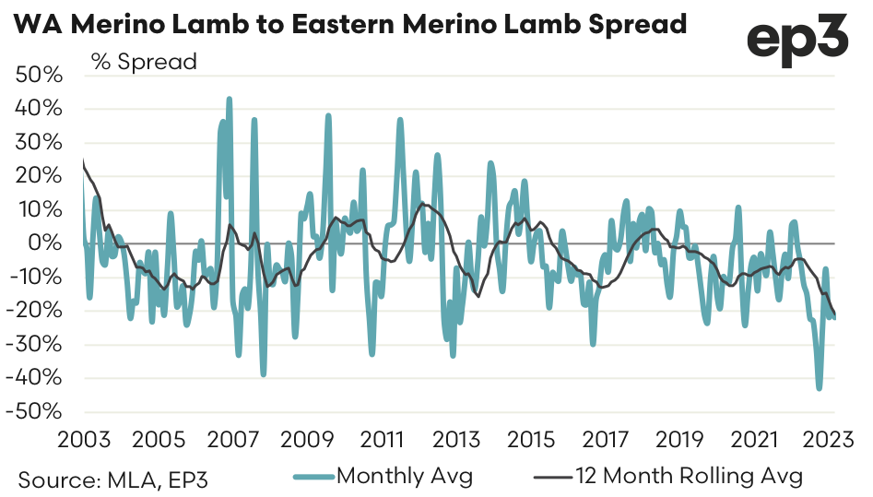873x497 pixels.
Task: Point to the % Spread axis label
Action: coord(144,63)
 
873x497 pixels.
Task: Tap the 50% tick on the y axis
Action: coord(40,76)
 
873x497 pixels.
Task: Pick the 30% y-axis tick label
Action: coord(40,143)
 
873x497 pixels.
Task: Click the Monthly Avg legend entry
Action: coord(405,477)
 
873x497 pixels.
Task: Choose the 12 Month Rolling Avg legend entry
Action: coord(688,477)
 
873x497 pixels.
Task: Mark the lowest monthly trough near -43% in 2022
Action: coord(819,388)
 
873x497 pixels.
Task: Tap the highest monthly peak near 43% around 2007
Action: coord(229,98)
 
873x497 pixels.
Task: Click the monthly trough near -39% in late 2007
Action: coord(263,374)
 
